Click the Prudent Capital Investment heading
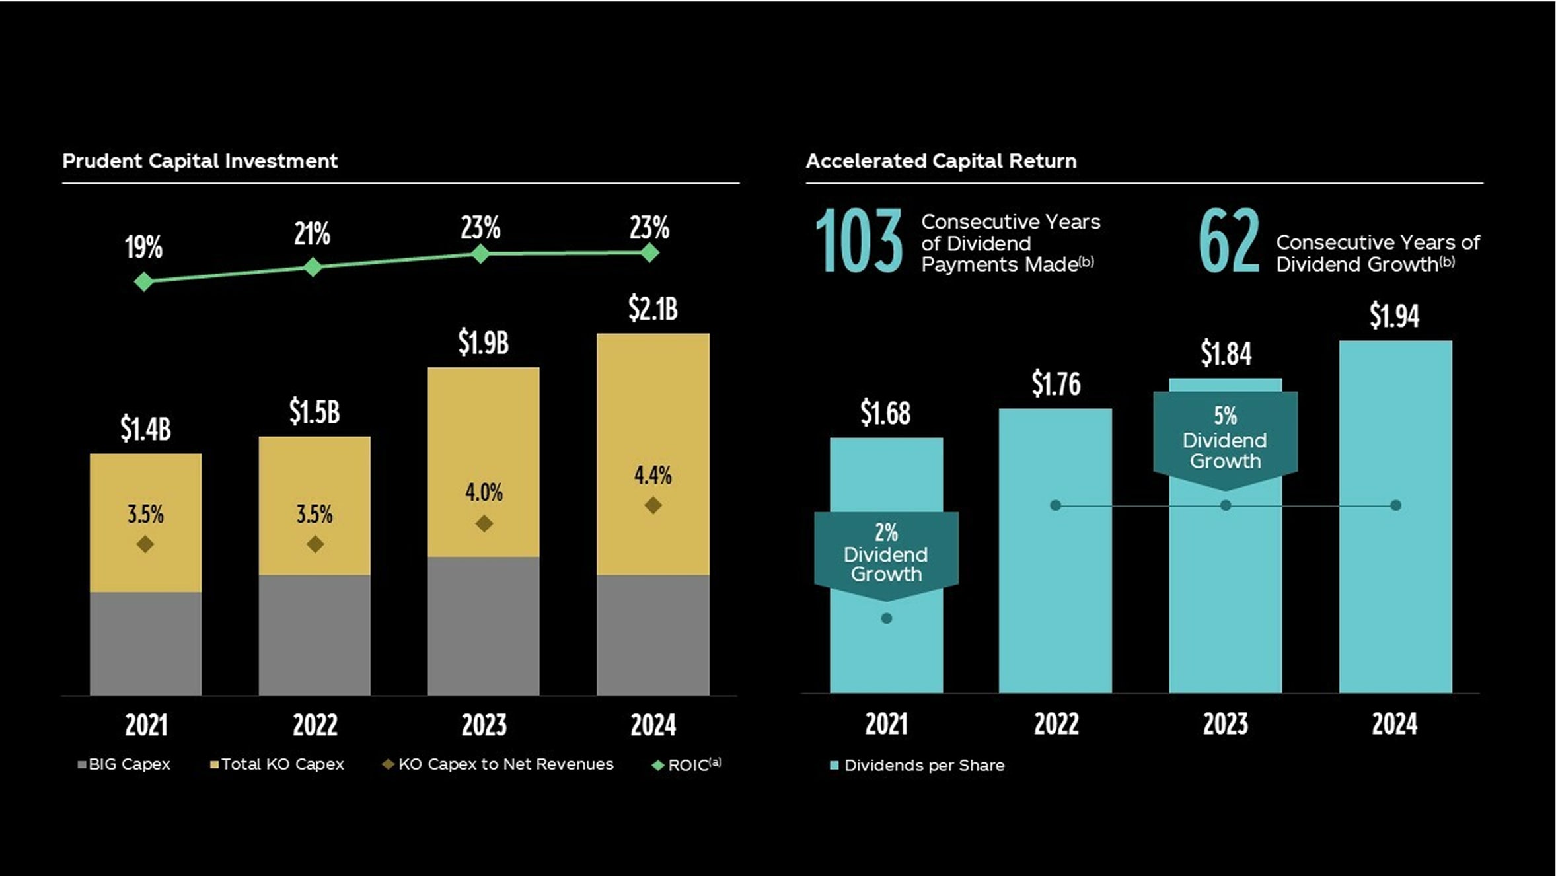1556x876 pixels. (x=200, y=161)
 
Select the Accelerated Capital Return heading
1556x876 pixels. (x=941, y=161)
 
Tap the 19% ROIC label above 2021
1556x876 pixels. (x=143, y=248)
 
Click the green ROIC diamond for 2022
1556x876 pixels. (x=313, y=267)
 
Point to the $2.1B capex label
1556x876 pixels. (x=653, y=309)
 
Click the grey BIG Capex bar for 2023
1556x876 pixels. (x=484, y=625)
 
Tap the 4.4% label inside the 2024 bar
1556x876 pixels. (x=653, y=475)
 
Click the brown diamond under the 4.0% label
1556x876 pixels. (x=484, y=524)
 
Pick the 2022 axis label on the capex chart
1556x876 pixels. (x=315, y=725)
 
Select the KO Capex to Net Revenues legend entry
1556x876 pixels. (x=499, y=764)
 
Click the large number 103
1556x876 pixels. (x=858, y=241)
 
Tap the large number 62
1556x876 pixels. (x=1229, y=241)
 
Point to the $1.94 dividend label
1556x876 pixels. (x=1394, y=315)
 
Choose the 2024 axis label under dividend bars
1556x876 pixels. (x=1394, y=724)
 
